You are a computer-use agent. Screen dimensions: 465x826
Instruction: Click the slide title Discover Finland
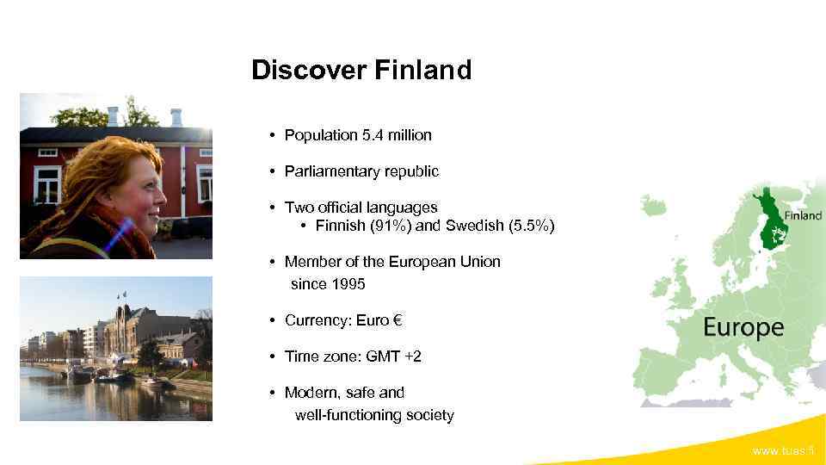click(361, 70)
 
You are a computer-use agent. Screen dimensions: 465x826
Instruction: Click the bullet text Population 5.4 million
click(358, 135)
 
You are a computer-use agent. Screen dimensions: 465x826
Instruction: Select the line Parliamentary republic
click(361, 171)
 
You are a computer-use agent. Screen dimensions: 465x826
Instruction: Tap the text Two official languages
click(361, 208)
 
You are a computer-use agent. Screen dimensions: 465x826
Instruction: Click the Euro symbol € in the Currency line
click(397, 321)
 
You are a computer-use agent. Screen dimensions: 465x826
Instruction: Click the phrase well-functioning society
click(374, 415)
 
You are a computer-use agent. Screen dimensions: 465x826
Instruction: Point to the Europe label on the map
click(743, 327)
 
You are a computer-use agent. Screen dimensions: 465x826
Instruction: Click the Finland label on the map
click(803, 215)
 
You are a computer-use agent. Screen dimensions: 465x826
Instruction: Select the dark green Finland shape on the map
click(769, 220)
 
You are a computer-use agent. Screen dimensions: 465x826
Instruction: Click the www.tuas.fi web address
click(783, 451)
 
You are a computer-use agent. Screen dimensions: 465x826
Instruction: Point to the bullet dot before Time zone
click(271, 356)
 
